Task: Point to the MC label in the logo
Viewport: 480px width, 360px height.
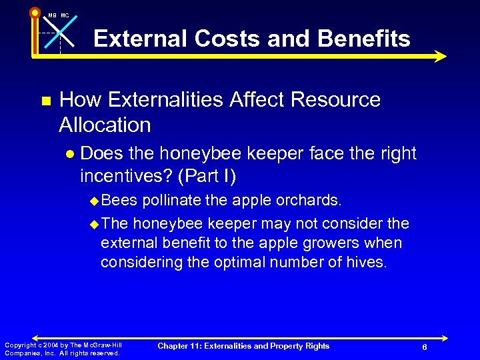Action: point(65,15)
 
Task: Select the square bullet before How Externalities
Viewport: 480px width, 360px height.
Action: point(46,101)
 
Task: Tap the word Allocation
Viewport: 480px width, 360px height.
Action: point(105,125)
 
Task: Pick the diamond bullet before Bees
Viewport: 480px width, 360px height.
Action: point(93,201)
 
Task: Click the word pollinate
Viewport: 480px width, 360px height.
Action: point(171,200)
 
